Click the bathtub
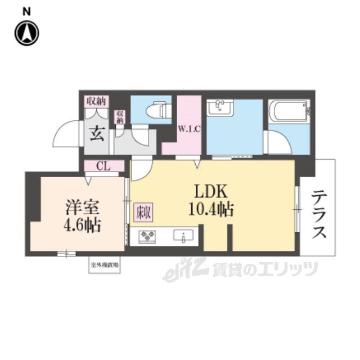[289, 111]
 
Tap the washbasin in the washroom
[220, 108]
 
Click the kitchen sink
[183, 235]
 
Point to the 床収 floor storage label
[142, 214]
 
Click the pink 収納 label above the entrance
[96, 101]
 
